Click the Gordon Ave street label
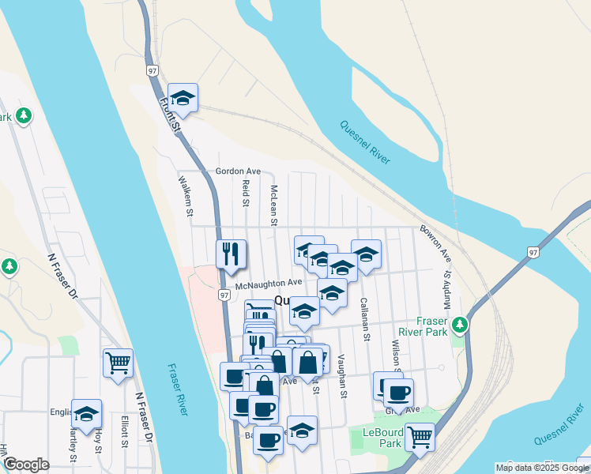pos(238,171)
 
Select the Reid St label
pos(247,193)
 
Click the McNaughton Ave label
pos(269,282)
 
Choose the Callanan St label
pos(365,319)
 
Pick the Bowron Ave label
pos(435,246)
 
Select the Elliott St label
pos(125,431)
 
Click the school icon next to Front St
pos(183,98)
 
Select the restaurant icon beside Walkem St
pos(231,254)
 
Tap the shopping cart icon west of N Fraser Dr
pos(118,363)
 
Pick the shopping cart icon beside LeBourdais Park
pos(419,435)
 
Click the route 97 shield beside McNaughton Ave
pos(224,295)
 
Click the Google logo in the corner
pos(26,465)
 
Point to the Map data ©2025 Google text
pos(543,468)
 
